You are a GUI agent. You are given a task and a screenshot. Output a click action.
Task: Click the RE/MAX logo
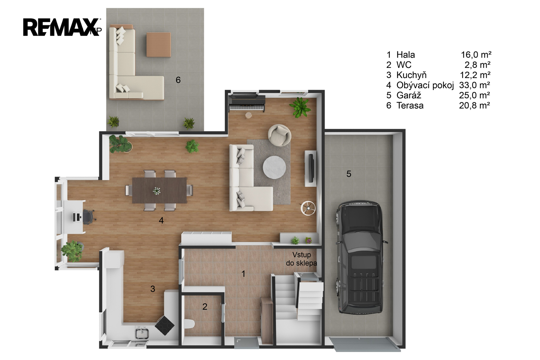click(x=62, y=27)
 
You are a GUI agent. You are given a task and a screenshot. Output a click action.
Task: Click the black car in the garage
click(x=361, y=257)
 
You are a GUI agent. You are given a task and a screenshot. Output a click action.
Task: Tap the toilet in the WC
click(x=189, y=324)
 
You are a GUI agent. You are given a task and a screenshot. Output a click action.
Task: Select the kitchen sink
click(x=142, y=333)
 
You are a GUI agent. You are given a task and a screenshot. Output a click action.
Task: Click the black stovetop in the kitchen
click(x=164, y=326)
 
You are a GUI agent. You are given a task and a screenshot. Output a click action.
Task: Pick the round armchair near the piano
click(x=279, y=135)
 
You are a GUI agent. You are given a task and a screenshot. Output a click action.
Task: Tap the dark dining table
click(x=160, y=190)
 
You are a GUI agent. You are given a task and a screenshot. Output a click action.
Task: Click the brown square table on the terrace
click(x=158, y=45)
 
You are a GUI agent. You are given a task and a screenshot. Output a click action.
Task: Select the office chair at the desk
click(x=88, y=217)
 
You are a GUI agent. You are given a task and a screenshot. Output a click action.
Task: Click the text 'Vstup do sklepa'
click(x=301, y=259)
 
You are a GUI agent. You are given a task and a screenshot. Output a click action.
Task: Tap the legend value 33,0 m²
click(x=475, y=85)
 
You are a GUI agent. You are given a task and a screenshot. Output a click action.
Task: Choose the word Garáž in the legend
click(x=409, y=95)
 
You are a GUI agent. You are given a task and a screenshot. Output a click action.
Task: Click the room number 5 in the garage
click(x=349, y=174)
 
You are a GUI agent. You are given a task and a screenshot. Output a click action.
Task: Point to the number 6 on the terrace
click(x=178, y=80)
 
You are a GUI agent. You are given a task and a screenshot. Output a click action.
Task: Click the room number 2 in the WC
click(x=205, y=307)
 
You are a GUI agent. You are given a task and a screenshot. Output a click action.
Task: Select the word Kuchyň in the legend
click(x=411, y=75)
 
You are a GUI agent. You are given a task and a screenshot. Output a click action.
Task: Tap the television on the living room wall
click(x=311, y=168)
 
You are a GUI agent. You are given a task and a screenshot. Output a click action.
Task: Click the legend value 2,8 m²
click(x=478, y=65)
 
